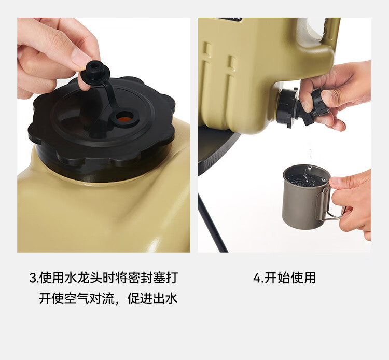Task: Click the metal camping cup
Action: pos(307,196)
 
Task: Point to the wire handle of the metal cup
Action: pos(332,204)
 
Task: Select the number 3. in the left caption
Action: pos(34,278)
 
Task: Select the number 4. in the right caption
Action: pos(258,278)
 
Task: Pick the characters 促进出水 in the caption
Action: pos(152,298)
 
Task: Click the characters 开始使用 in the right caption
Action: pos(290,278)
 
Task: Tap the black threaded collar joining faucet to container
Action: pos(286,107)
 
